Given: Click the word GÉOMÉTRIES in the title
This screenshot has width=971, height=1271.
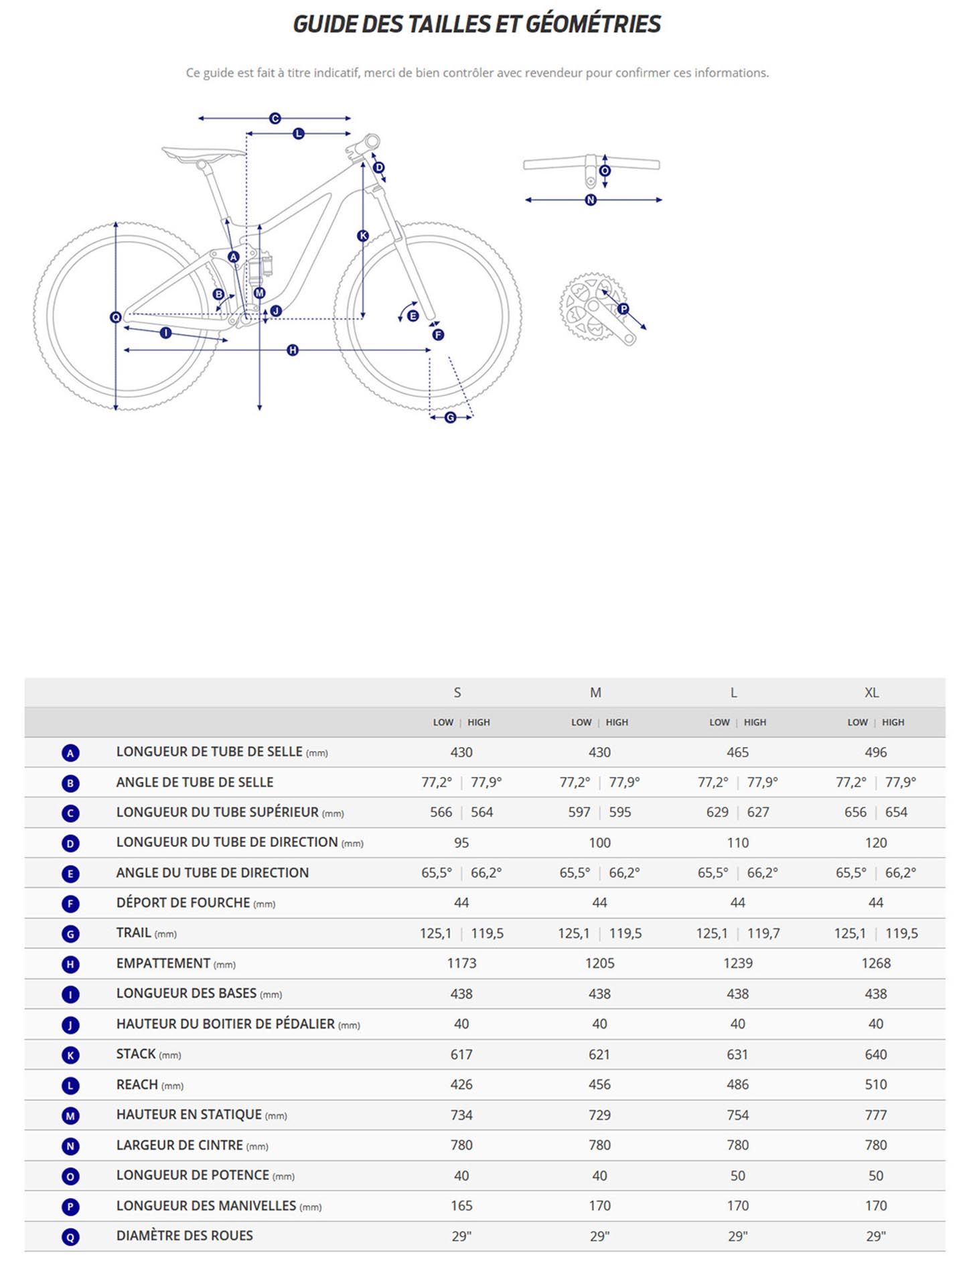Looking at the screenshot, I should [x=593, y=24].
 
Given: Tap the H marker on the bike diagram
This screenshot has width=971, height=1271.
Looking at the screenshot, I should [x=293, y=350].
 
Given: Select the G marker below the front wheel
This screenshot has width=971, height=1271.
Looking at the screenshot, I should [x=451, y=417].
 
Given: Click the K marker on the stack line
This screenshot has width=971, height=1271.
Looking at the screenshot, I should [x=363, y=236].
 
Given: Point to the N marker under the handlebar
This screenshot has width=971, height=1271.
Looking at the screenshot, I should [x=591, y=200].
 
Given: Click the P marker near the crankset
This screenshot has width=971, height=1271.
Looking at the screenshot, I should [x=623, y=309].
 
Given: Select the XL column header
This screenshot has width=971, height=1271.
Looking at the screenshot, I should [x=871, y=692].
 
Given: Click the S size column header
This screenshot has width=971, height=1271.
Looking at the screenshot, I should [x=457, y=692].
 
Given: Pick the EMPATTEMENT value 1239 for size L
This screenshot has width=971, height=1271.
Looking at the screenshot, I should [x=737, y=963].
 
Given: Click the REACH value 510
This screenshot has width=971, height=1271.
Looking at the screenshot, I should [x=875, y=1084].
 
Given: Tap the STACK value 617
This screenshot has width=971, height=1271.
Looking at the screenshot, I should [x=461, y=1054].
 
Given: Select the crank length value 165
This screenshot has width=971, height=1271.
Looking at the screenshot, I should [x=461, y=1205].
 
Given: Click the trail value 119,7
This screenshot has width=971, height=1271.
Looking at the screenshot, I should [x=763, y=933].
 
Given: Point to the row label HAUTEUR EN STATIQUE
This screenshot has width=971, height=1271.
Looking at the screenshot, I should [x=189, y=1114].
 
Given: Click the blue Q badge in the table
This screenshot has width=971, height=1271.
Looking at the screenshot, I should [x=70, y=1237].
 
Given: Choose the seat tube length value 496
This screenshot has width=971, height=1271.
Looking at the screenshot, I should [x=875, y=752].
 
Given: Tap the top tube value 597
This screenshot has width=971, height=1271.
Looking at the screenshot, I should [x=579, y=812].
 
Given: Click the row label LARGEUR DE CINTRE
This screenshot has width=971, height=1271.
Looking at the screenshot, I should [x=179, y=1145].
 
